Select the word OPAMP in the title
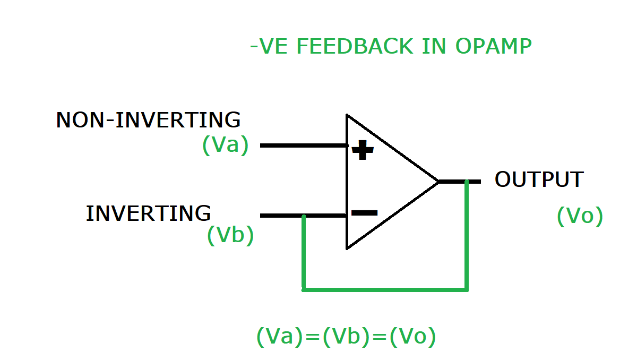click(493, 47)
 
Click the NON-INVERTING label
click(148, 120)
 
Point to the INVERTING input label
click(148, 213)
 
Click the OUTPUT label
click(539, 180)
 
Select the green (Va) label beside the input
click(225, 145)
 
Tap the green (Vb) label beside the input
click(230, 235)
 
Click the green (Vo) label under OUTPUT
click(580, 217)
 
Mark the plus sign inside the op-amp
click(363, 150)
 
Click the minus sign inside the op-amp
click(364, 213)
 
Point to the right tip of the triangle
click(438, 182)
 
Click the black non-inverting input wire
click(303, 145)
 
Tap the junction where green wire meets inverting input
click(303, 216)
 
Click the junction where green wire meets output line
click(467, 182)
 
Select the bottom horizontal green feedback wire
click(385, 290)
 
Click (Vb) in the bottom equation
click(346, 337)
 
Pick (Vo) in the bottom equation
click(412, 337)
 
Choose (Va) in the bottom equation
click(279, 337)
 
